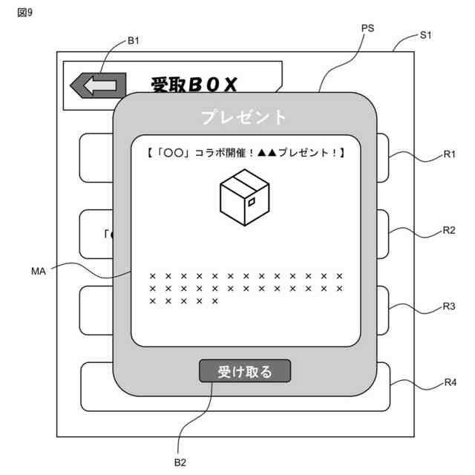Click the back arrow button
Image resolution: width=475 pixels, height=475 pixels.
point(97,85)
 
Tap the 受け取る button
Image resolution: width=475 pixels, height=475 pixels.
point(245,371)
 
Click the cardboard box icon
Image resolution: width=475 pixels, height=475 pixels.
point(244,195)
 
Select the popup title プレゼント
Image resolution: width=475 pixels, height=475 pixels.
point(244,117)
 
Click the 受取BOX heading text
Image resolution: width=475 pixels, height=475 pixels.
point(194,85)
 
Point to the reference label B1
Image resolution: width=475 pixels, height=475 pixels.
point(134,41)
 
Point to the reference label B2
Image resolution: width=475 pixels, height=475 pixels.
point(180,462)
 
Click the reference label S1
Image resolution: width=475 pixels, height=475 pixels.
point(426,35)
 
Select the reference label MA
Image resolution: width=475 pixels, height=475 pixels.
point(39,272)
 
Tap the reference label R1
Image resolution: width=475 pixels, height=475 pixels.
point(449,154)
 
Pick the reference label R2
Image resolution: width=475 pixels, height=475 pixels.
point(449,230)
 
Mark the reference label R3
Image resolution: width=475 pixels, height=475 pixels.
point(449,306)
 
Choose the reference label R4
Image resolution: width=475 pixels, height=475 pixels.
point(450,383)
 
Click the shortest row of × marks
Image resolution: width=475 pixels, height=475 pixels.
point(183,301)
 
